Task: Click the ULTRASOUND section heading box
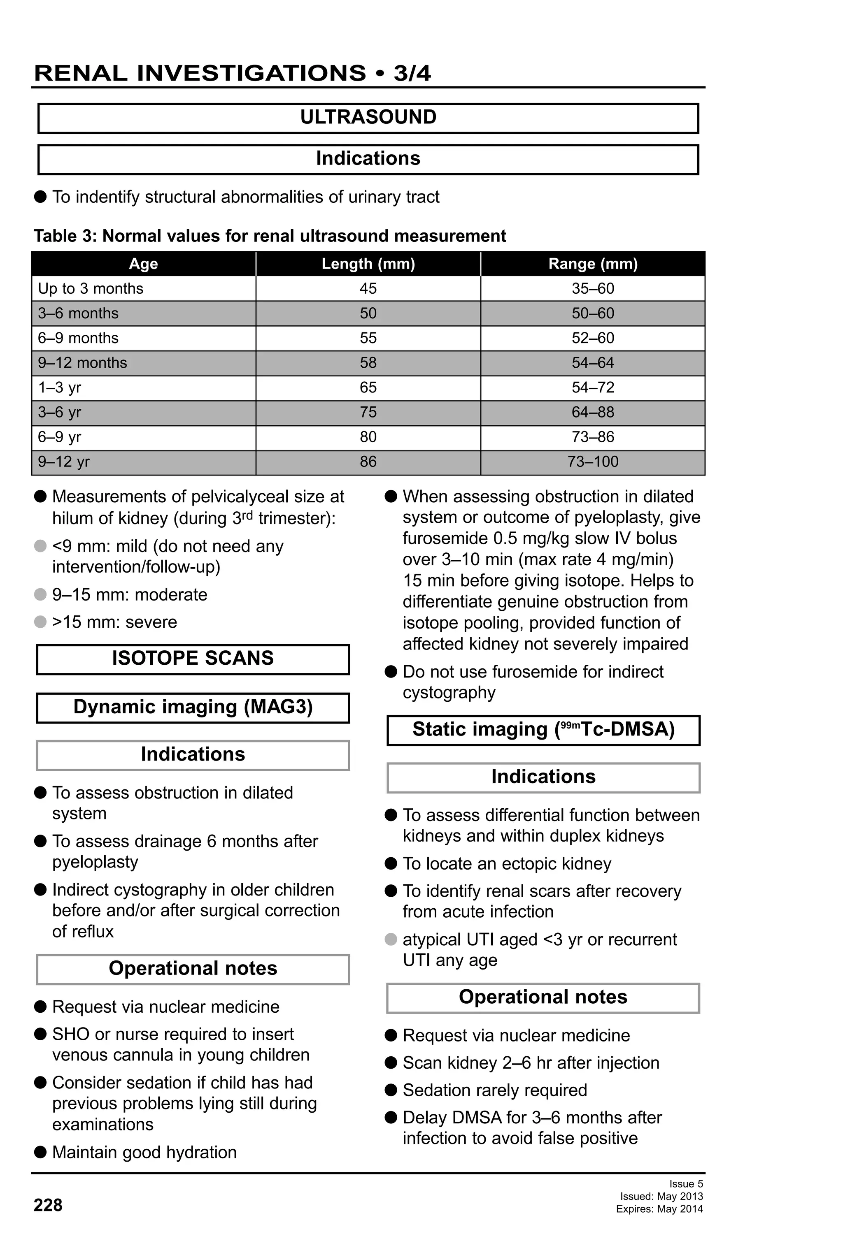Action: (x=368, y=118)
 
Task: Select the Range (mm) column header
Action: (x=593, y=264)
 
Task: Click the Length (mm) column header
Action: (x=368, y=264)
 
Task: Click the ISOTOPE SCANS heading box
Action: (x=193, y=659)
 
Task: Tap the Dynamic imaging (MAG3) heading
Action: (x=193, y=707)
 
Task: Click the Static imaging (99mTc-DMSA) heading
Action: (x=543, y=729)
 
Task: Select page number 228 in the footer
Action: (x=48, y=1205)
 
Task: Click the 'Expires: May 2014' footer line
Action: (x=659, y=1209)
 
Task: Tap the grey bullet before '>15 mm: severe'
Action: (x=40, y=622)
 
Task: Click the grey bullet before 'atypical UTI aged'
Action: (x=391, y=939)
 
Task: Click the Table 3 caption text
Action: (x=270, y=236)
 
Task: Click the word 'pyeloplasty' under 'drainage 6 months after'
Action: (x=95, y=862)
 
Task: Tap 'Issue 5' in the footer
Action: (x=686, y=1183)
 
